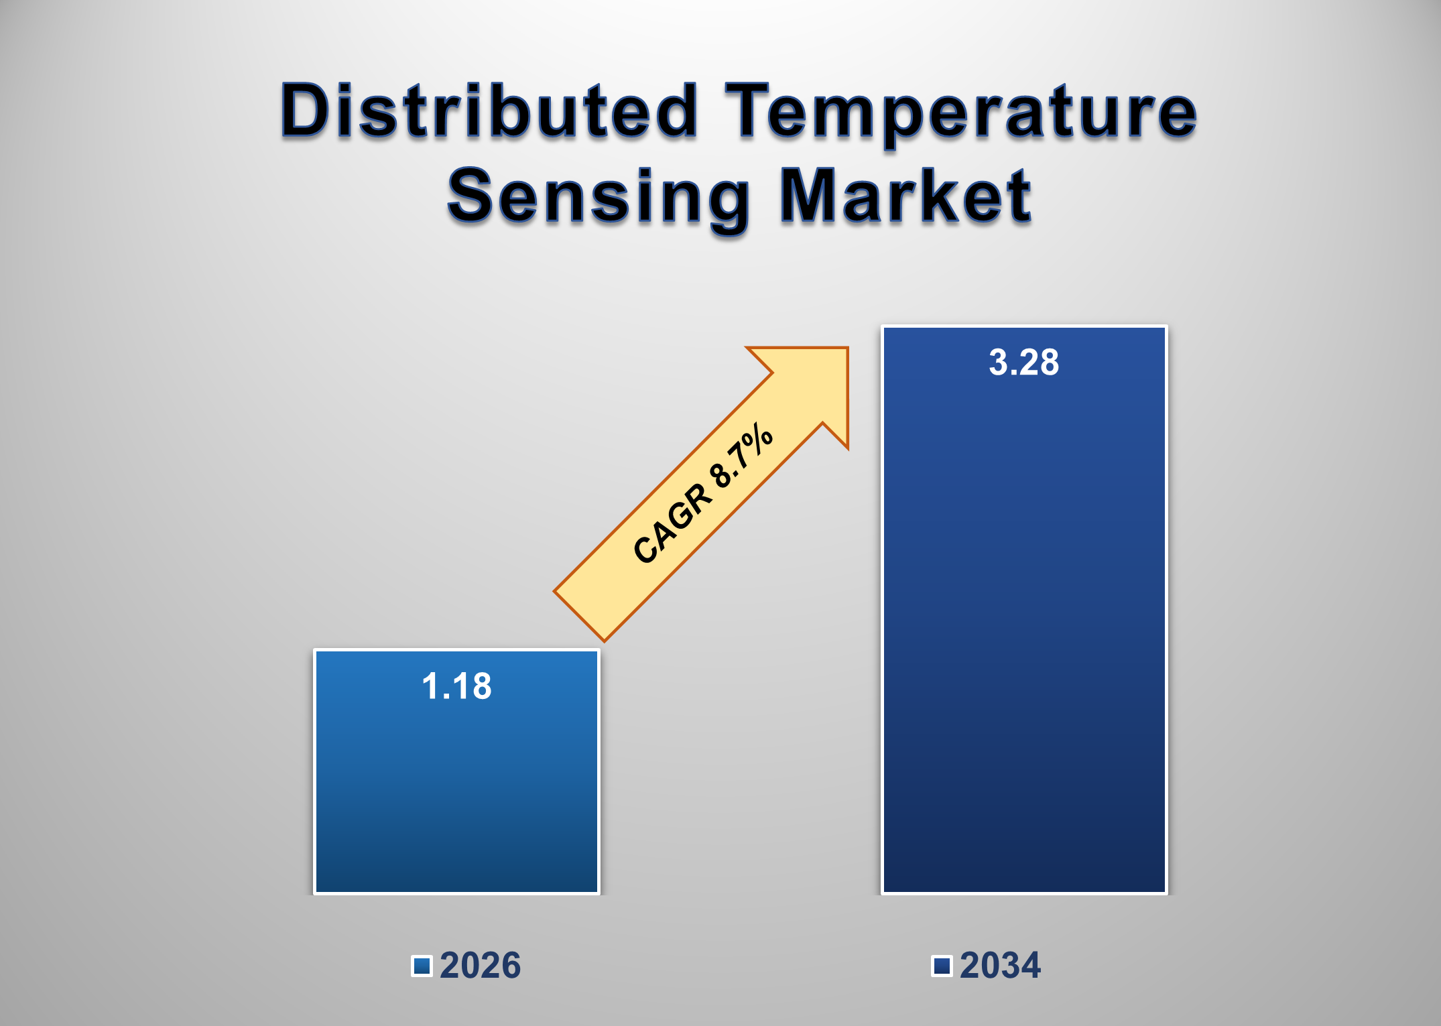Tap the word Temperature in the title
point(960,113)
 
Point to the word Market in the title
point(905,196)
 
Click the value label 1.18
point(456,686)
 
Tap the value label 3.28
point(1023,363)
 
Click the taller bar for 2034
point(1023,637)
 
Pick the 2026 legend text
point(480,966)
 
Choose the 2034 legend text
point(1000,966)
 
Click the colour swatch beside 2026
point(422,966)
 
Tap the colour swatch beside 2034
point(942,966)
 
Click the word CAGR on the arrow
point(672,524)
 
